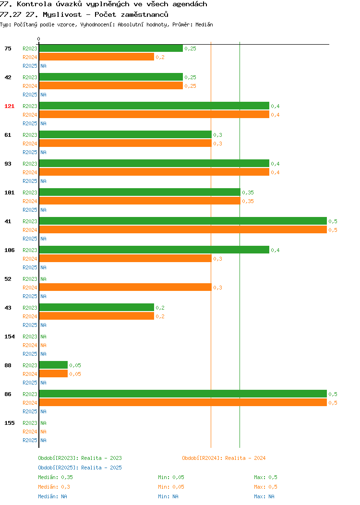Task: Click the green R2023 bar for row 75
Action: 111,48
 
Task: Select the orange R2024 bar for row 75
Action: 96,57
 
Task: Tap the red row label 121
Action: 9,106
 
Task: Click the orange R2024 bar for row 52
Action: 126,287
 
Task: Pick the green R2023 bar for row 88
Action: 53,365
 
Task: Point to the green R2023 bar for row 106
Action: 154,250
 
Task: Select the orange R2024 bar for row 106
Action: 126,259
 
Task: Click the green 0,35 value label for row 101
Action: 248,192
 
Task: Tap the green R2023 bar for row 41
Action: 183,221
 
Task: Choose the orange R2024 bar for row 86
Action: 183,403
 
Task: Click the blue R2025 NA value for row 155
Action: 44,440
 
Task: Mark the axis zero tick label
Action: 39,39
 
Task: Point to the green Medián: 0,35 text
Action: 55,477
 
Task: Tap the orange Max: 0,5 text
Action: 265,487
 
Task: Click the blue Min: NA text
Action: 168,497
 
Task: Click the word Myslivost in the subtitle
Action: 62,14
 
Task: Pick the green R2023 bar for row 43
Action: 96,308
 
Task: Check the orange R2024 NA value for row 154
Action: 44,345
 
